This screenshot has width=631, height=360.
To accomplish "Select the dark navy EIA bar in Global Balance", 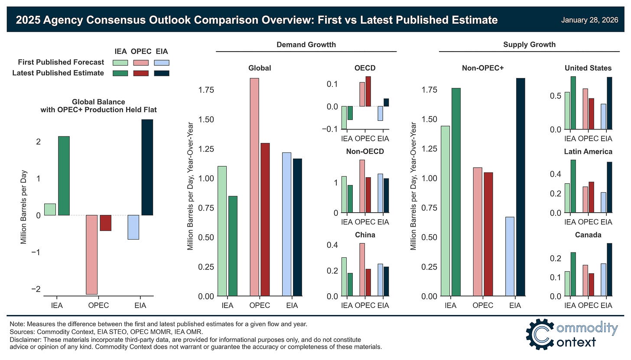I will point(147,167).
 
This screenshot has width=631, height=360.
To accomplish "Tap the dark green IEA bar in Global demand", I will point(233,246).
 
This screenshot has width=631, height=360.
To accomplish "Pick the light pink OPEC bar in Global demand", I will point(254,187).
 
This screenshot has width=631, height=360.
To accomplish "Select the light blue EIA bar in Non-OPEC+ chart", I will point(510,256).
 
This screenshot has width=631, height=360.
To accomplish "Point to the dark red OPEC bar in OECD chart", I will point(368,91).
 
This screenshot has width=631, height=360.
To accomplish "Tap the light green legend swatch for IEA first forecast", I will point(120,62).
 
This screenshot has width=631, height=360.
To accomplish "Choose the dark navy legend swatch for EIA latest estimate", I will point(162,73).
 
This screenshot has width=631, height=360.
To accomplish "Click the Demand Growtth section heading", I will point(306,45).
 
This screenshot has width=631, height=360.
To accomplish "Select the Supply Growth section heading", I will point(529,45).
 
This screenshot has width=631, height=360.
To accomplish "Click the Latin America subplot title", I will point(588,152).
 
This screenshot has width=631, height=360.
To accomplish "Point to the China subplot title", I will point(364,235).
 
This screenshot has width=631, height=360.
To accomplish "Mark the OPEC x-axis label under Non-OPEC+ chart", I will point(483,305).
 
